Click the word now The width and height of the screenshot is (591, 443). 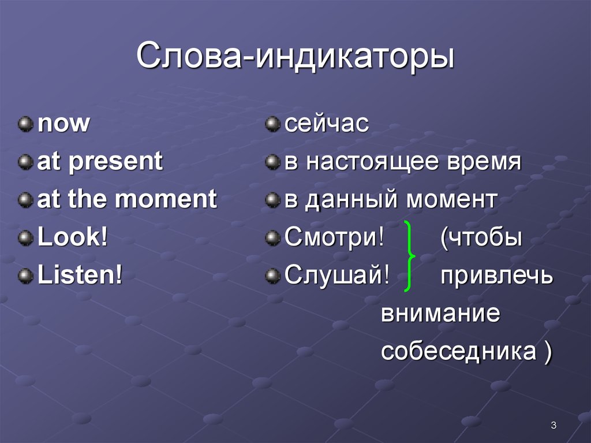pyautogui.click(x=63, y=124)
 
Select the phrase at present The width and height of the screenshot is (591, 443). pyautogui.click(x=100, y=162)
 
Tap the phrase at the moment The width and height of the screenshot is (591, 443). pyautogui.click(x=127, y=200)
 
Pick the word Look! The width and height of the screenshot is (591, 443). pyautogui.click(x=73, y=238)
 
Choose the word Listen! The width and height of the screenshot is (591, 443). pyautogui.click(x=80, y=276)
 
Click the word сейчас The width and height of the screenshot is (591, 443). pyautogui.click(x=326, y=124)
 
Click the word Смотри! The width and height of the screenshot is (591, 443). pyautogui.click(x=334, y=238)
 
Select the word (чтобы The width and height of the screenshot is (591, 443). pyautogui.click(x=481, y=238)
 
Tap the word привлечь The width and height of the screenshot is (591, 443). pyautogui.click(x=496, y=276)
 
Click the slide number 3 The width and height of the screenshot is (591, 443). pyautogui.click(x=553, y=426)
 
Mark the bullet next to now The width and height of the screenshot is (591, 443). pyautogui.click(x=25, y=125)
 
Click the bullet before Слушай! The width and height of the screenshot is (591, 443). pyautogui.click(x=272, y=276)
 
